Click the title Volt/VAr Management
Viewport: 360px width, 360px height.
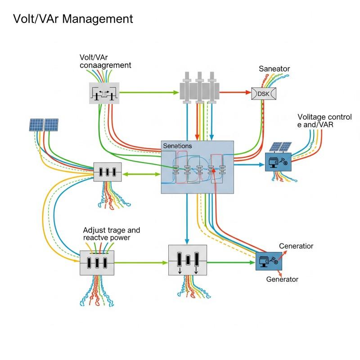tap(73, 19)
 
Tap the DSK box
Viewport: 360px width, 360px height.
tap(263, 93)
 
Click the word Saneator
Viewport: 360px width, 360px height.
tap(274, 69)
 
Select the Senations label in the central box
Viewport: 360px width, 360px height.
tap(177, 146)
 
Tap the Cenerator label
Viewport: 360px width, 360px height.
tap(296, 246)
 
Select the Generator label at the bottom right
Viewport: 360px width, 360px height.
tap(282, 279)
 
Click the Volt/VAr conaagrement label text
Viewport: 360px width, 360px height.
tap(105, 61)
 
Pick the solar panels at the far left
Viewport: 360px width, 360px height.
tap(44, 125)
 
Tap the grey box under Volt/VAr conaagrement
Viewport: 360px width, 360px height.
tap(104, 93)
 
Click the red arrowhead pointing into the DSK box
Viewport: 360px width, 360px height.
tap(247, 93)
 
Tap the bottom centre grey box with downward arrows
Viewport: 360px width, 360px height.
tap(187, 260)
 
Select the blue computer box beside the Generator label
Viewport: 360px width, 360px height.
tap(269, 261)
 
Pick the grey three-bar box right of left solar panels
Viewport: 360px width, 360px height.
tap(107, 172)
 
